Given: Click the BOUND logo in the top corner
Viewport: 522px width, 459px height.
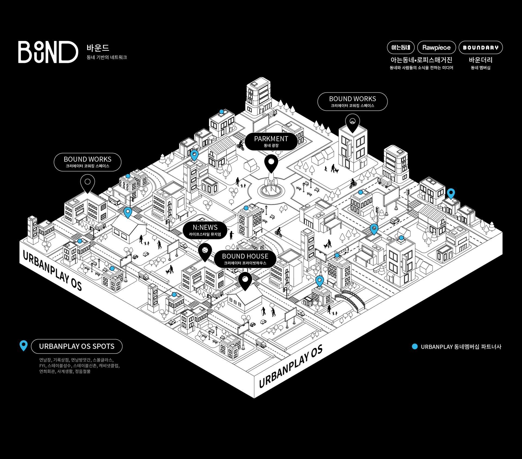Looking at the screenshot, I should [48, 52].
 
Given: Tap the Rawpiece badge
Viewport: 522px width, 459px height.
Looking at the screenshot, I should [436, 48].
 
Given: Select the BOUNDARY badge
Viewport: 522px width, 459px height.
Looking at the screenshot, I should [481, 48].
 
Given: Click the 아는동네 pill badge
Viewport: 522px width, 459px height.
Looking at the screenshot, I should [400, 48].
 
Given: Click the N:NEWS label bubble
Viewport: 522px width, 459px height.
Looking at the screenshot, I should [205, 230].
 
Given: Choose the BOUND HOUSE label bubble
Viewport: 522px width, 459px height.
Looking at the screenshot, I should [245, 259].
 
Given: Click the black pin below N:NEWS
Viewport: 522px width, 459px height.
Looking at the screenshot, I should [205, 252].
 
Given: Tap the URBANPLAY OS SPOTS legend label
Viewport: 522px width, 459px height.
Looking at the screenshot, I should [77, 346].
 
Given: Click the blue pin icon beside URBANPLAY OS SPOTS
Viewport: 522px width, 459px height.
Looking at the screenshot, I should [24, 345].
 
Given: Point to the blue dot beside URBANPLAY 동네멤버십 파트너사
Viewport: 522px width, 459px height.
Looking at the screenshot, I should [415, 346].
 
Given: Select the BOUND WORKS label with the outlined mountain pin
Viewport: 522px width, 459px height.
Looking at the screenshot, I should [352, 101].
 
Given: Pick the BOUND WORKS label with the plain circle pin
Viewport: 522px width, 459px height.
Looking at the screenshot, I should [88, 162].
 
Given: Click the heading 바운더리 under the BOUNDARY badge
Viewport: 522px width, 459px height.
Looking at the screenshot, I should [480, 60].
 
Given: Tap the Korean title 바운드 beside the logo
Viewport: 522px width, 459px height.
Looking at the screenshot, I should [98, 48].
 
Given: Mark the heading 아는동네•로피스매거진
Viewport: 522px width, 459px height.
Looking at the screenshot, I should [421, 60].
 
